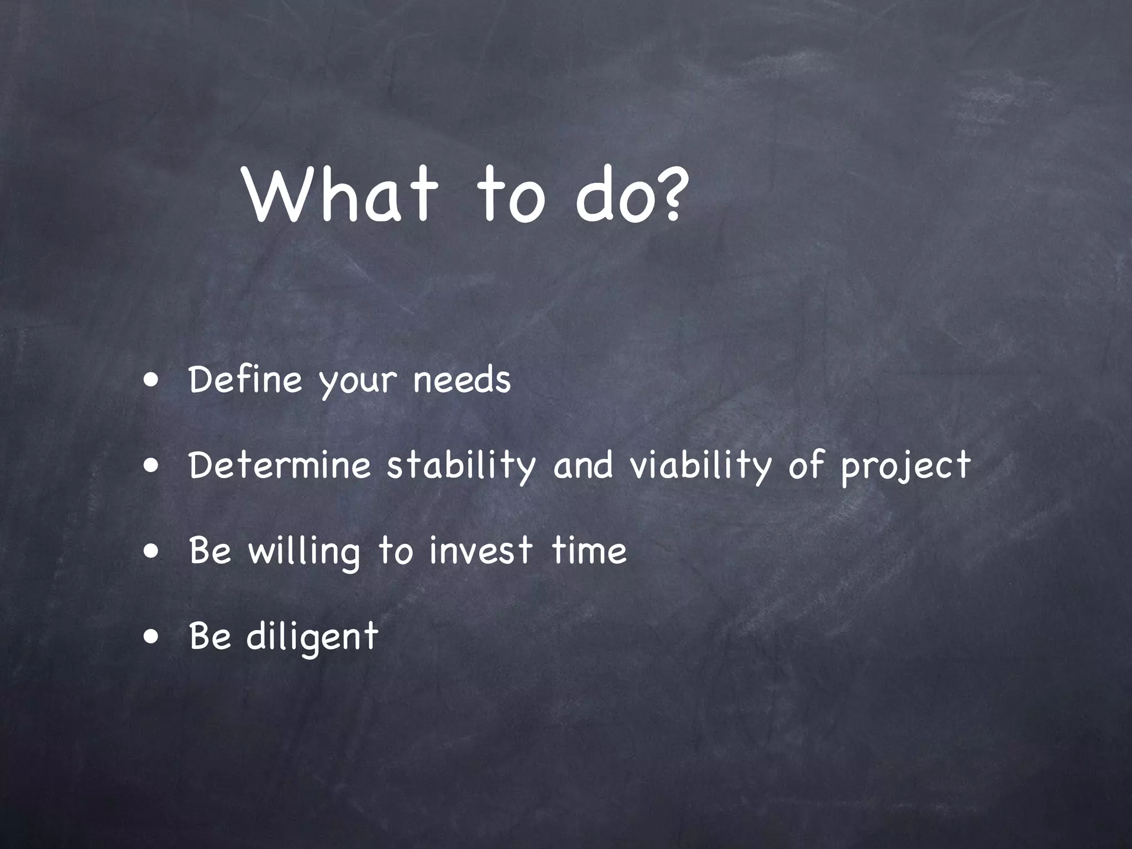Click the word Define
[x=245, y=379]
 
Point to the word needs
[x=462, y=379]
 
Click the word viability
[x=700, y=465]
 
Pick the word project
[x=905, y=468]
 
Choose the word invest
[x=480, y=551]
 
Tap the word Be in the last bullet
[x=209, y=636]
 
